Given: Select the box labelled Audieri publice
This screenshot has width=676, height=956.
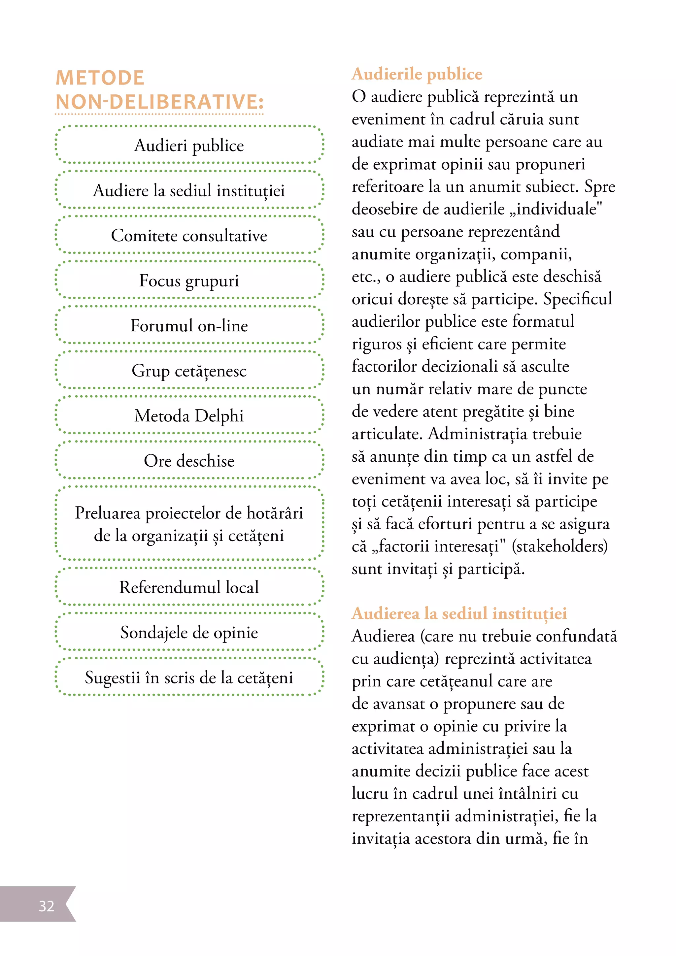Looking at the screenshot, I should [x=189, y=145].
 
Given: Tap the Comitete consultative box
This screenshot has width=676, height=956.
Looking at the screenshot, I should [x=189, y=236].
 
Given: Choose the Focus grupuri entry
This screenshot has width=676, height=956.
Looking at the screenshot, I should [x=189, y=280].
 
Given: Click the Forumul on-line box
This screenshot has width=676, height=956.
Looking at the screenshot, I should [x=189, y=326].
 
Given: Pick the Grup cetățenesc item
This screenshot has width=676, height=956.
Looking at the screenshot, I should [x=189, y=371].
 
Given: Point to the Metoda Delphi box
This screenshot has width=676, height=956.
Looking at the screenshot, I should [x=189, y=415].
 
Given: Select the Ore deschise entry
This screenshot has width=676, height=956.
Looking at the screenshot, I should [x=189, y=461].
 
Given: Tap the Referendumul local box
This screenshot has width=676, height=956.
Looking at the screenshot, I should [x=189, y=587].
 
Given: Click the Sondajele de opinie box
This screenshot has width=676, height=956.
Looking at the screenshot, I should [x=189, y=632].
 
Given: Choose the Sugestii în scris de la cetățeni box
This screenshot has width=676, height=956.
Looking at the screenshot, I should [x=189, y=677].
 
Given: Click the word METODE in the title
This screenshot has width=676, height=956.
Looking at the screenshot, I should [x=100, y=78].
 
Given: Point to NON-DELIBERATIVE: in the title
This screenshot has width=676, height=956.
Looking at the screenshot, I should [x=159, y=102].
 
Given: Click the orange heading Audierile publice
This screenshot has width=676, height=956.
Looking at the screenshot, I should [x=417, y=74].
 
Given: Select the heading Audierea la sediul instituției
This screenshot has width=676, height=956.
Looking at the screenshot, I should [x=459, y=613].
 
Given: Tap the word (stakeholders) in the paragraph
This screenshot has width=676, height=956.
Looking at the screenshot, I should [x=559, y=546].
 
